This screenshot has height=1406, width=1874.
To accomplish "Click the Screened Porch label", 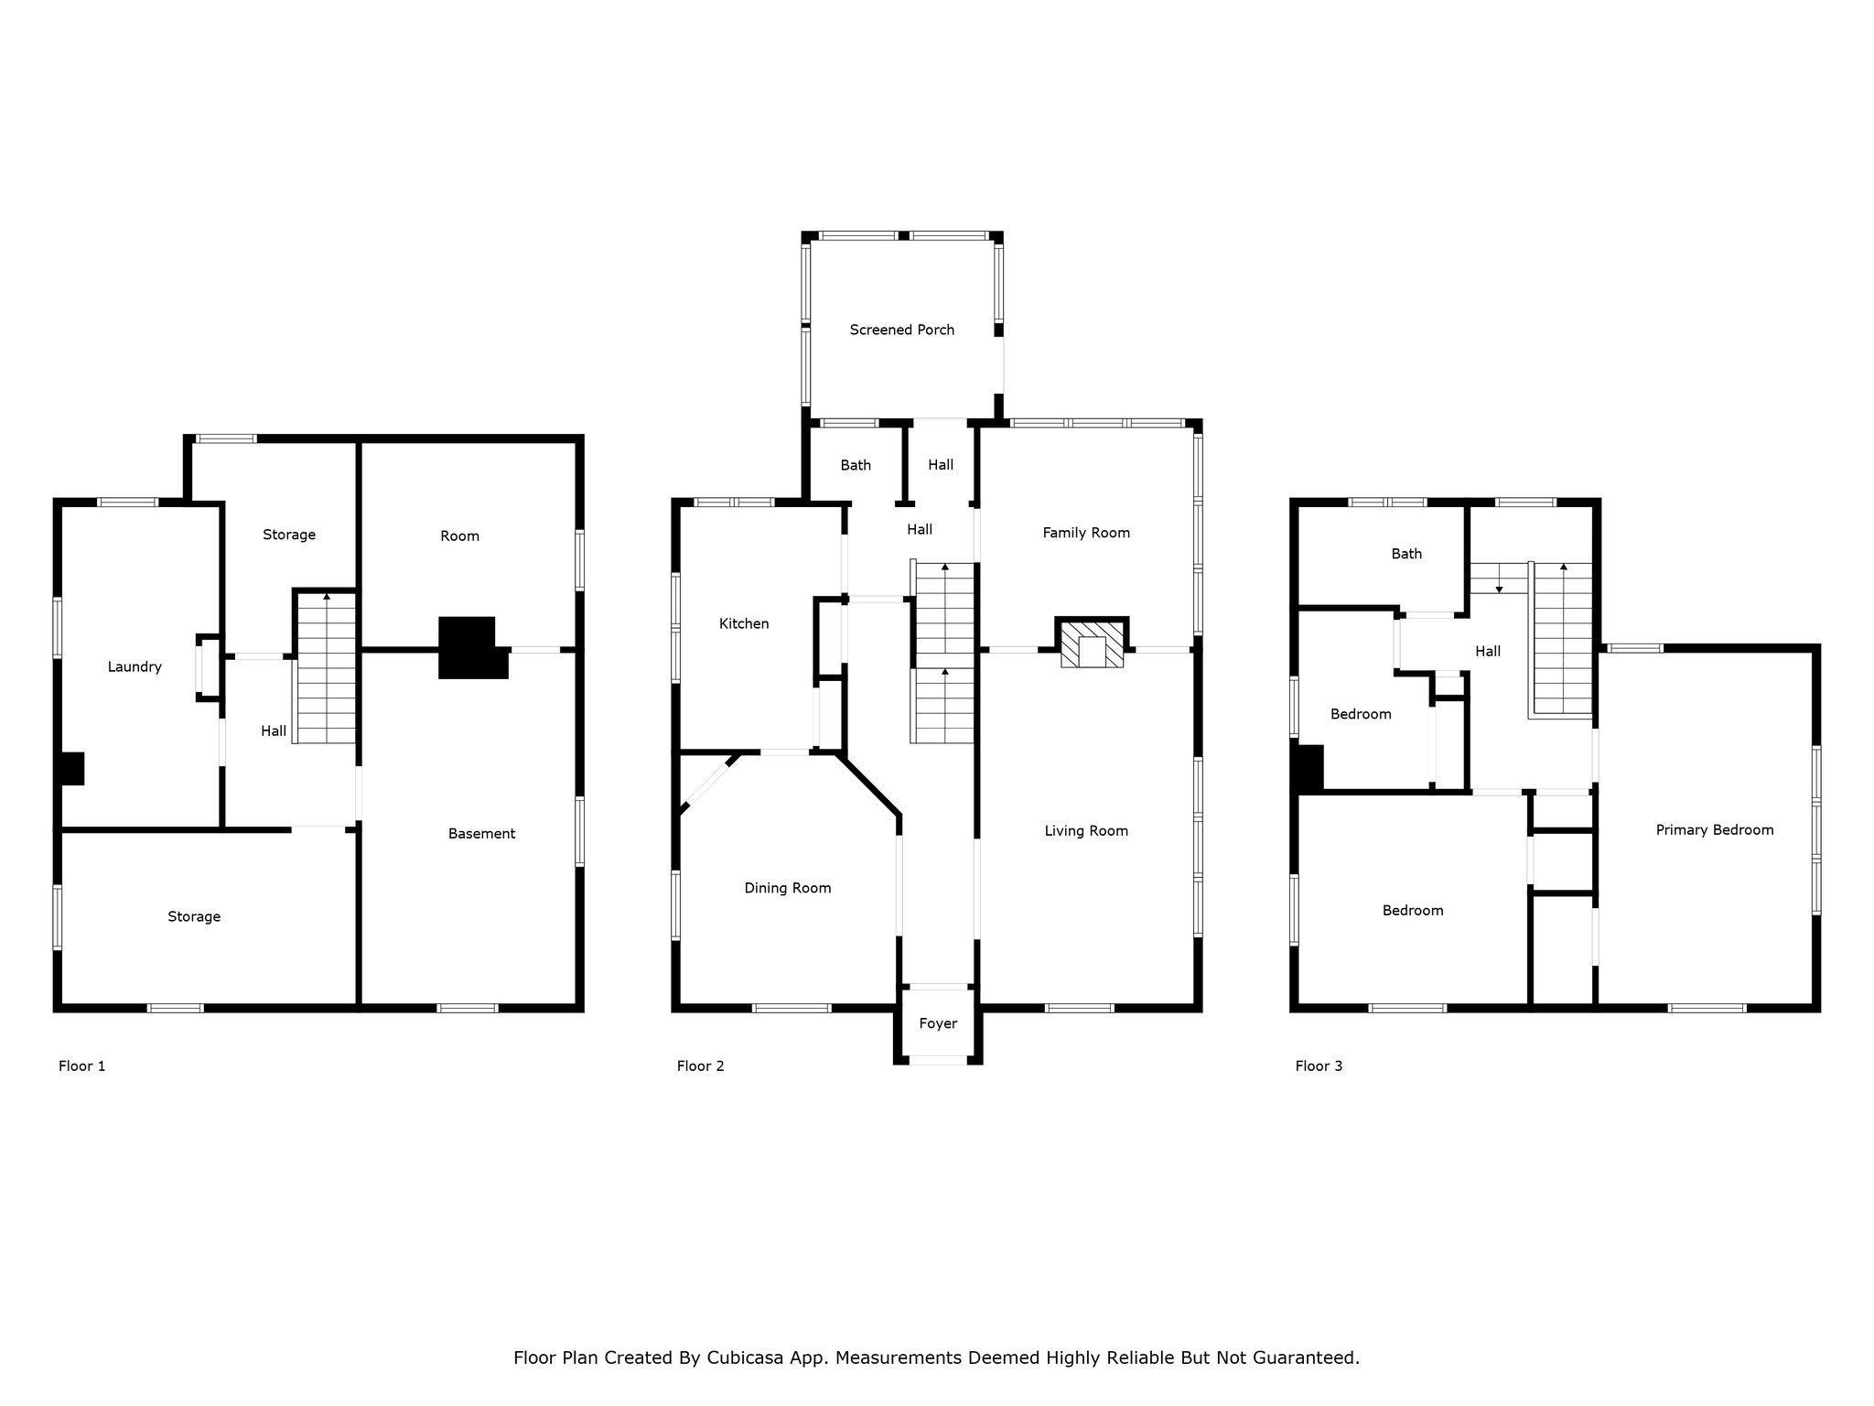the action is coord(901,330).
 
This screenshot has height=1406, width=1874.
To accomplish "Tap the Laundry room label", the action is coord(135,667).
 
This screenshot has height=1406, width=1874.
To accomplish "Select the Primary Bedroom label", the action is coord(1714,830).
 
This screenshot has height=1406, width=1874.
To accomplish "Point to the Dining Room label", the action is coord(787,888).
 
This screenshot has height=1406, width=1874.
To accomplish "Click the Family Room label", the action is coord(1086,533).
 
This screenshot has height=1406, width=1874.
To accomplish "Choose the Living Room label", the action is coord(1086,831).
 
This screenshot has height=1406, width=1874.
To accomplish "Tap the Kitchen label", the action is coord(744,623).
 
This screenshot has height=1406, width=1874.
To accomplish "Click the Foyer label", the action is coord(938,1023).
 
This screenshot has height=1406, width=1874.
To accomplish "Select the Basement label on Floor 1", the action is coord(481,834).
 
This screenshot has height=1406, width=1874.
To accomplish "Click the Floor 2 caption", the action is coord(700,1065).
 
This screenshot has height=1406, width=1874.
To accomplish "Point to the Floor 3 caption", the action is coord(1319,1065).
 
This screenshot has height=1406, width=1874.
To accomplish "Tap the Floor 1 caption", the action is coord(81,1065).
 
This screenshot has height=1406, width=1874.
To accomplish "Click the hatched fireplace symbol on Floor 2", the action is coord(1092,644).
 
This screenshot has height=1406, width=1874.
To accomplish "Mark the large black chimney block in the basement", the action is coord(472,647).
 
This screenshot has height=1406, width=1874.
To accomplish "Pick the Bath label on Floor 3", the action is coord(1406,554).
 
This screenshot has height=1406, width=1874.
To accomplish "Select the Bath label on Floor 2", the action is coord(856,465).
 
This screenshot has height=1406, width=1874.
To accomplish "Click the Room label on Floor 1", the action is coord(459,536).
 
